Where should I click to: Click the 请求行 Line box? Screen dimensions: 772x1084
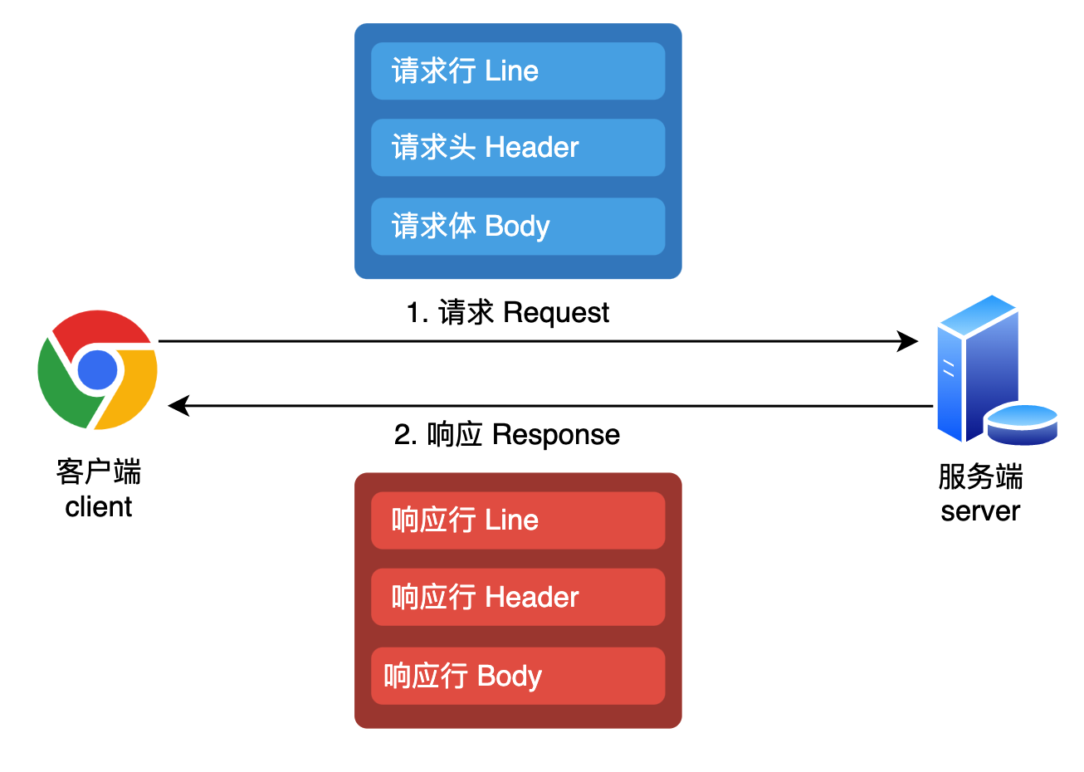[x=517, y=71]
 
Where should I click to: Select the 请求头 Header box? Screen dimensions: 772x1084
[x=517, y=148]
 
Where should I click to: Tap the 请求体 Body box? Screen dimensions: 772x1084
[x=517, y=227]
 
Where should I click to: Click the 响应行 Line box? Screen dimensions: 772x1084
[x=517, y=520]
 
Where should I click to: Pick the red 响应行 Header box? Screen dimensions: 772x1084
[x=517, y=597]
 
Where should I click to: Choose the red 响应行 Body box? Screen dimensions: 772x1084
[x=517, y=676]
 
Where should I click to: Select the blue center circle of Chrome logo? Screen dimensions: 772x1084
[x=98, y=370]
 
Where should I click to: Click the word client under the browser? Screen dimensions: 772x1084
[x=98, y=506]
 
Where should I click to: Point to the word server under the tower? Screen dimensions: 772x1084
[x=979, y=511]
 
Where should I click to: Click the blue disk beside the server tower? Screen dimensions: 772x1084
[x=1022, y=423]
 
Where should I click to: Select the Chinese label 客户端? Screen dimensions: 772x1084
[x=98, y=472]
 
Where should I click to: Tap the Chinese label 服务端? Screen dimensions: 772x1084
[x=979, y=477]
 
